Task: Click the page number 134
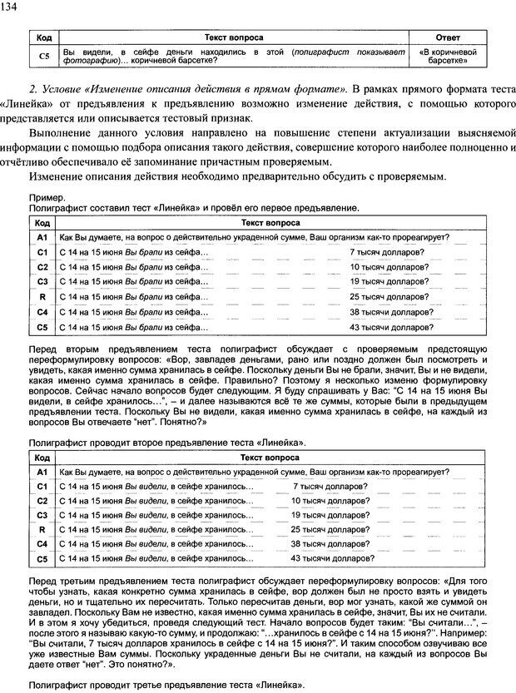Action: (12, 7)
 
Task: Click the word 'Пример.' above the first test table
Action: (45, 197)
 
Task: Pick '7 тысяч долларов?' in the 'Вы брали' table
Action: (385, 250)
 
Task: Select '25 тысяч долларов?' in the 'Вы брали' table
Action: (389, 296)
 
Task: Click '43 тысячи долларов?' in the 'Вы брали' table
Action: (390, 327)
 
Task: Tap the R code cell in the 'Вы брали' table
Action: (42, 296)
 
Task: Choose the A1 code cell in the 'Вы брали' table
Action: (42, 236)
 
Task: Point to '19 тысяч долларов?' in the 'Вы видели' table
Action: (330, 515)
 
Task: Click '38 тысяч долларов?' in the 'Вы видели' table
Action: (330, 544)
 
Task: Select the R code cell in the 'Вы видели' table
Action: (42, 529)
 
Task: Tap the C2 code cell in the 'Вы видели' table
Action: (42, 500)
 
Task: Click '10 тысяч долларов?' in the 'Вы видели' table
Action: (330, 500)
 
